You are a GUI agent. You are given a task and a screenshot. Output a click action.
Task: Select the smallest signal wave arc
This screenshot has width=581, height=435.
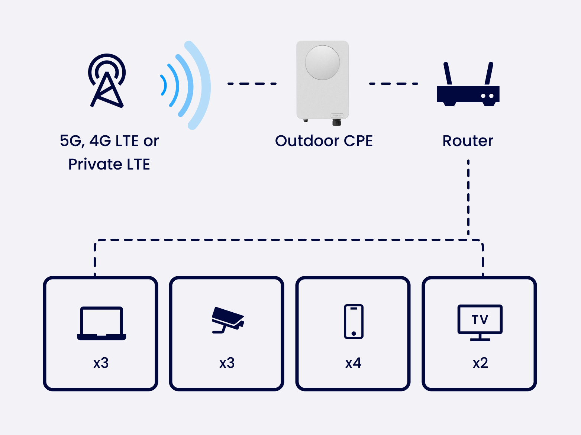pyautogui.click(x=164, y=85)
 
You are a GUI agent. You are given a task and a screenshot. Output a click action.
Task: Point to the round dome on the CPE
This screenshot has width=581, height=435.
pyautogui.click(x=322, y=62)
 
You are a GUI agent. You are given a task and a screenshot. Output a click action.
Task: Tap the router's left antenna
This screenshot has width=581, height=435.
pyautogui.click(x=448, y=74)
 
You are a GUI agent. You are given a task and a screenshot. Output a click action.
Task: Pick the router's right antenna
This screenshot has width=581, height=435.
pyautogui.click(x=489, y=74)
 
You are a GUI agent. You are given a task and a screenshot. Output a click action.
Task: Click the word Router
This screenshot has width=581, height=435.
pyautogui.click(x=468, y=141)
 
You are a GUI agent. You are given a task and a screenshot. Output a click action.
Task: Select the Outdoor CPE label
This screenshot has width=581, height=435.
pyautogui.click(x=324, y=141)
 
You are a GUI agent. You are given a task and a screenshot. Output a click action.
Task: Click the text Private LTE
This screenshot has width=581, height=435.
pyautogui.click(x=109, y=164)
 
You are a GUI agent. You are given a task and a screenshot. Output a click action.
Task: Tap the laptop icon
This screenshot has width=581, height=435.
pyautogui.click(x=101, y=323)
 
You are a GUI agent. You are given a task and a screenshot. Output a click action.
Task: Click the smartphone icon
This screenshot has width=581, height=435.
pyautogui.click(x=354, y=322)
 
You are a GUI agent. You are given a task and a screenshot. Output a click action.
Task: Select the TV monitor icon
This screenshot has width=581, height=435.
pyautogui.click(x=480, y=322)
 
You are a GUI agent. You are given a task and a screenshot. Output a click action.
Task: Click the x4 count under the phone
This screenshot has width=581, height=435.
pyautogui.click(x=353, y=363)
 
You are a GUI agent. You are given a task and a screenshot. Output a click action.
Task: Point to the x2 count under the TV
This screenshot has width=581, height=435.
pyautogui.click(x=480, y=363)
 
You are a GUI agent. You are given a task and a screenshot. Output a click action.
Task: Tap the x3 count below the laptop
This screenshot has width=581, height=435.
pyautogui.click(x=101, y=363)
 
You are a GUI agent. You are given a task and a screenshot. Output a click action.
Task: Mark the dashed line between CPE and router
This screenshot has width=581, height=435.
pyautogui.click(x=393, y=84)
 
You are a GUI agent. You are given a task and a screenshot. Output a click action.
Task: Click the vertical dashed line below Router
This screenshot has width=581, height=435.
pyautogui.click(x=468, y=197)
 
